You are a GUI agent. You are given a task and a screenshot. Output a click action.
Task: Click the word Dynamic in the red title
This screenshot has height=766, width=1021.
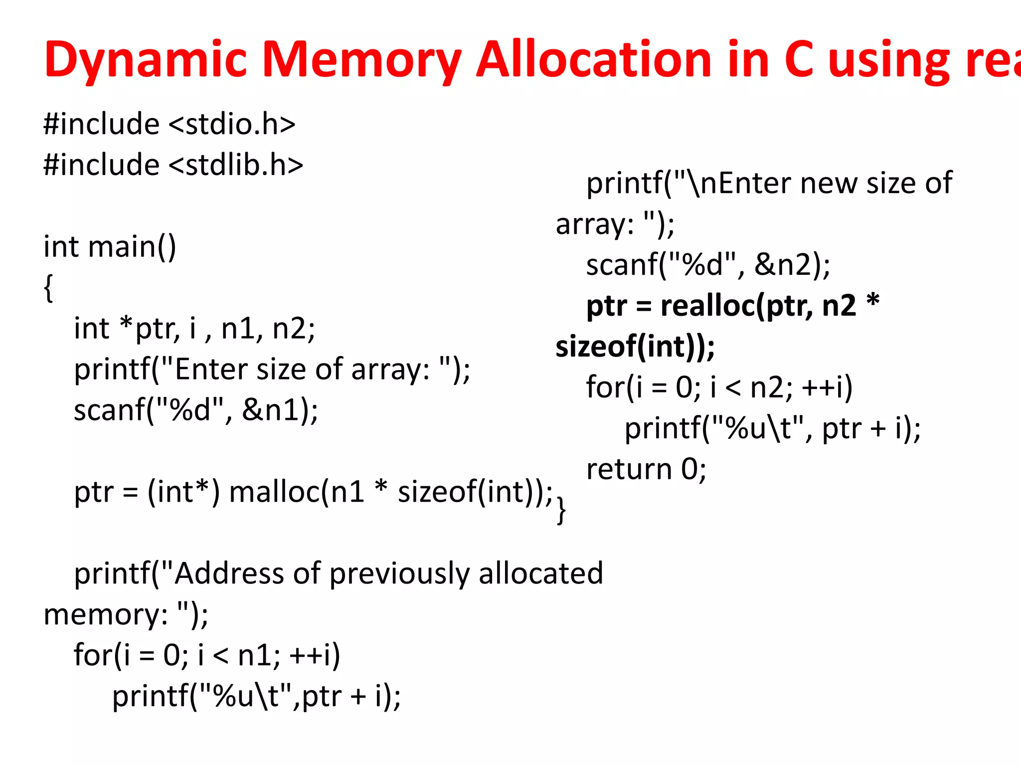pyautogui.click(x=145, y=60)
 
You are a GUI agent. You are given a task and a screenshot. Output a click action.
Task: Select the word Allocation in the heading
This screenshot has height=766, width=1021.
pyautogui.click(x=593, y=60)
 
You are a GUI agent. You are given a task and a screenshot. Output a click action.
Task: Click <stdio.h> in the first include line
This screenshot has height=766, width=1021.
pyautogui.click(x=232, y=124)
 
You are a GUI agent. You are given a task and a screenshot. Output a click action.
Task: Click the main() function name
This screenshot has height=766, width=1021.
pyautogui.click(x=132, y=247)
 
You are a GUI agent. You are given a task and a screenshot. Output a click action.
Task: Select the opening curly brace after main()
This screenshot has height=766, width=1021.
pyautogui.click(x=48, y=288)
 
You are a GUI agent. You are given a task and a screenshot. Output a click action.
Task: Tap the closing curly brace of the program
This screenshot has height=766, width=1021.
pyautogui.click(x=561, y=510)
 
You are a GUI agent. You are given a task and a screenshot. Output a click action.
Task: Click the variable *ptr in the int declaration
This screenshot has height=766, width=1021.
pyautogui.click(x=149, y=329)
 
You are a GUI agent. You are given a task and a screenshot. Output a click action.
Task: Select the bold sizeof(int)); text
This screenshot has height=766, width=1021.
pyautogui.click(x=635, y=347)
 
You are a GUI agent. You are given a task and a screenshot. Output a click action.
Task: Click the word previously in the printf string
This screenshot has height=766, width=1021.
pyautogui.click(x=399, y=574)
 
